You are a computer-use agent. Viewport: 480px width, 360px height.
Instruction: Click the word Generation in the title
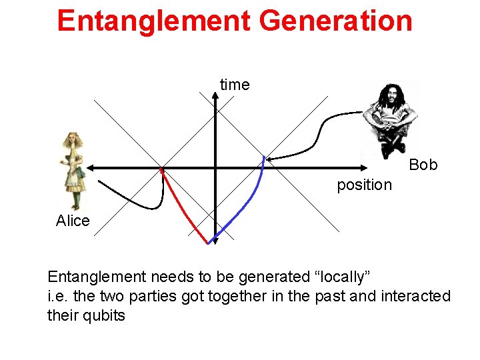pyautogui.click(x=336, y=21)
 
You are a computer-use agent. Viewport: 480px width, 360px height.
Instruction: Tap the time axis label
pyautogui.click(x=235, y=85)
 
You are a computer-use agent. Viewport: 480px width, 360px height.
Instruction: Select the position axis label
pyautogui.click(x=364, y=185)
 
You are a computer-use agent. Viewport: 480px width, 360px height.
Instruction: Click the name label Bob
pyautogui.click(x=423, y=165)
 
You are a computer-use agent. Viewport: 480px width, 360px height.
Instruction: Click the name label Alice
pyautogui.click(x=73, y=221)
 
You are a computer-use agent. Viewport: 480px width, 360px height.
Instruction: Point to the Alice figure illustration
pyautogui.click(x=71, y=170)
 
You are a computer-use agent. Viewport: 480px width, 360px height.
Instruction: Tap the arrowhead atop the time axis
pyautogui.click(x=215, y=95)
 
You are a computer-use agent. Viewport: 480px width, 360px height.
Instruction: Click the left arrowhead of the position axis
pyautogui.click(x=90, y=167)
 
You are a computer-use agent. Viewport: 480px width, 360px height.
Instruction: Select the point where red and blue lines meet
pyautogui.click(x=209, y=243)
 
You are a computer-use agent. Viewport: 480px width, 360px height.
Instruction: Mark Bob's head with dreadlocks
pyautogui.click(x=386, y=100)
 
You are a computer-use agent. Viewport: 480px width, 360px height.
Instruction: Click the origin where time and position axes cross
pyautogui.click(x=215, y=167)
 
